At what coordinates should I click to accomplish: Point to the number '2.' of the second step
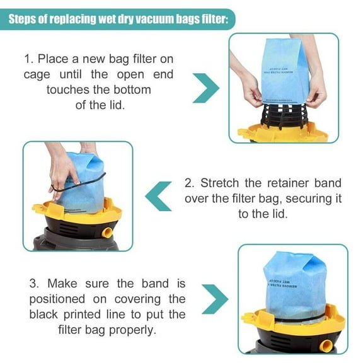pos(190,183)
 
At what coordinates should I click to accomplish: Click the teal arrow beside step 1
pos(205,89)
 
